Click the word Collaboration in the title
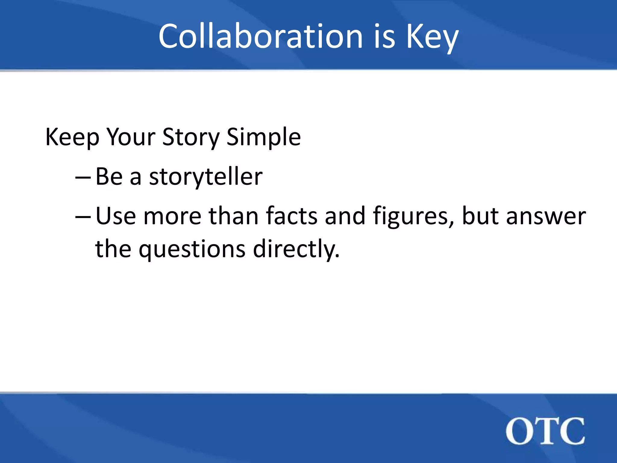[x=261, y=36]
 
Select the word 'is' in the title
[x=384, y=36]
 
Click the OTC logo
[x=545, y=431]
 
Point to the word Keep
[x=72, y=137]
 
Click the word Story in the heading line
[x=191, y=137]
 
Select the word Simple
[x=264, y=137]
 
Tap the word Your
[x=131, y=137]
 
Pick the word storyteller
[x=206, y=177]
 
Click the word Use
[x=116, y=216]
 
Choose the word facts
[x=292, y=216]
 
